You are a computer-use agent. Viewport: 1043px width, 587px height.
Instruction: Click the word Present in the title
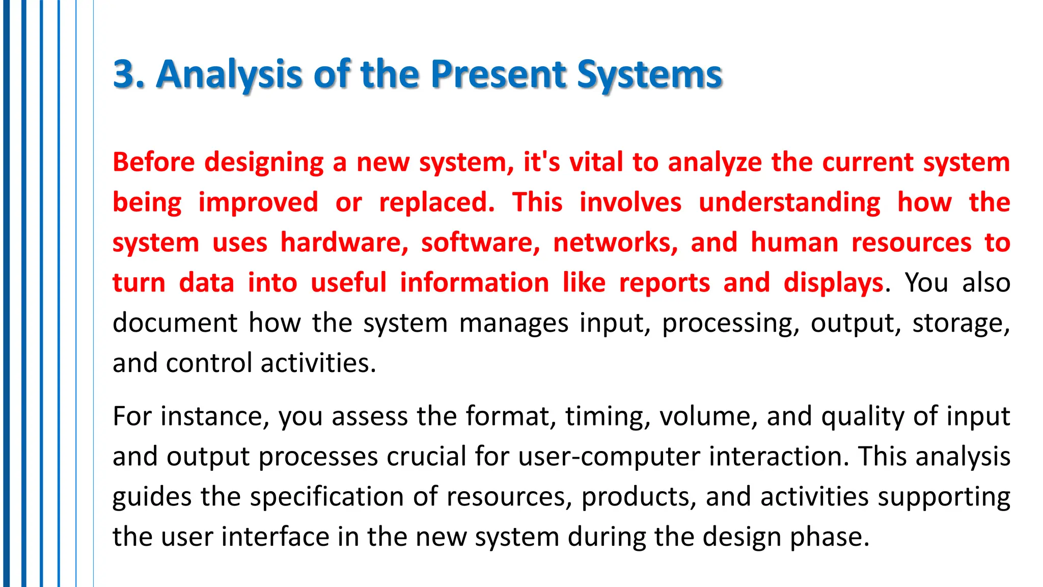point(498,74)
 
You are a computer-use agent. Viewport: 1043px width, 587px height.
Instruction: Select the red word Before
point(153,162)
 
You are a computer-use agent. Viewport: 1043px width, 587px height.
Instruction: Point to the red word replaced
point(436,202)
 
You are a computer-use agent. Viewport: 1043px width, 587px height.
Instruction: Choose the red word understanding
point(789,202)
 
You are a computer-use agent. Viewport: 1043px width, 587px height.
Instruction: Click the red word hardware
point(344,243)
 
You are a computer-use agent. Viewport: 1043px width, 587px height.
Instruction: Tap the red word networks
point(615,243)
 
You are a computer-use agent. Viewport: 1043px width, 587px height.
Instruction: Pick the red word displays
point(834,283)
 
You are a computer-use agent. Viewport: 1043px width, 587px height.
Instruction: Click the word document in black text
point(175,323)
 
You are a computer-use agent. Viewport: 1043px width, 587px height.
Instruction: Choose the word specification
point(327,497)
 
